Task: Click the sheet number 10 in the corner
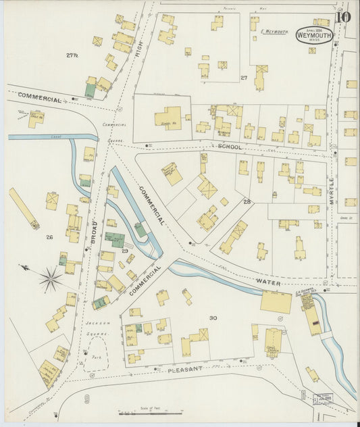344,16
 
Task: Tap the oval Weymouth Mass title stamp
314,35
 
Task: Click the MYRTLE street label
332,191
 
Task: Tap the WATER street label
268,279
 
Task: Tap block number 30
213,317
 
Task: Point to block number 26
49,237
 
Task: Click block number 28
247,201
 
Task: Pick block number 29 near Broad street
124,251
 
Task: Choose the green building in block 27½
90,89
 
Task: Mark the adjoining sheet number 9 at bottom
87,399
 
